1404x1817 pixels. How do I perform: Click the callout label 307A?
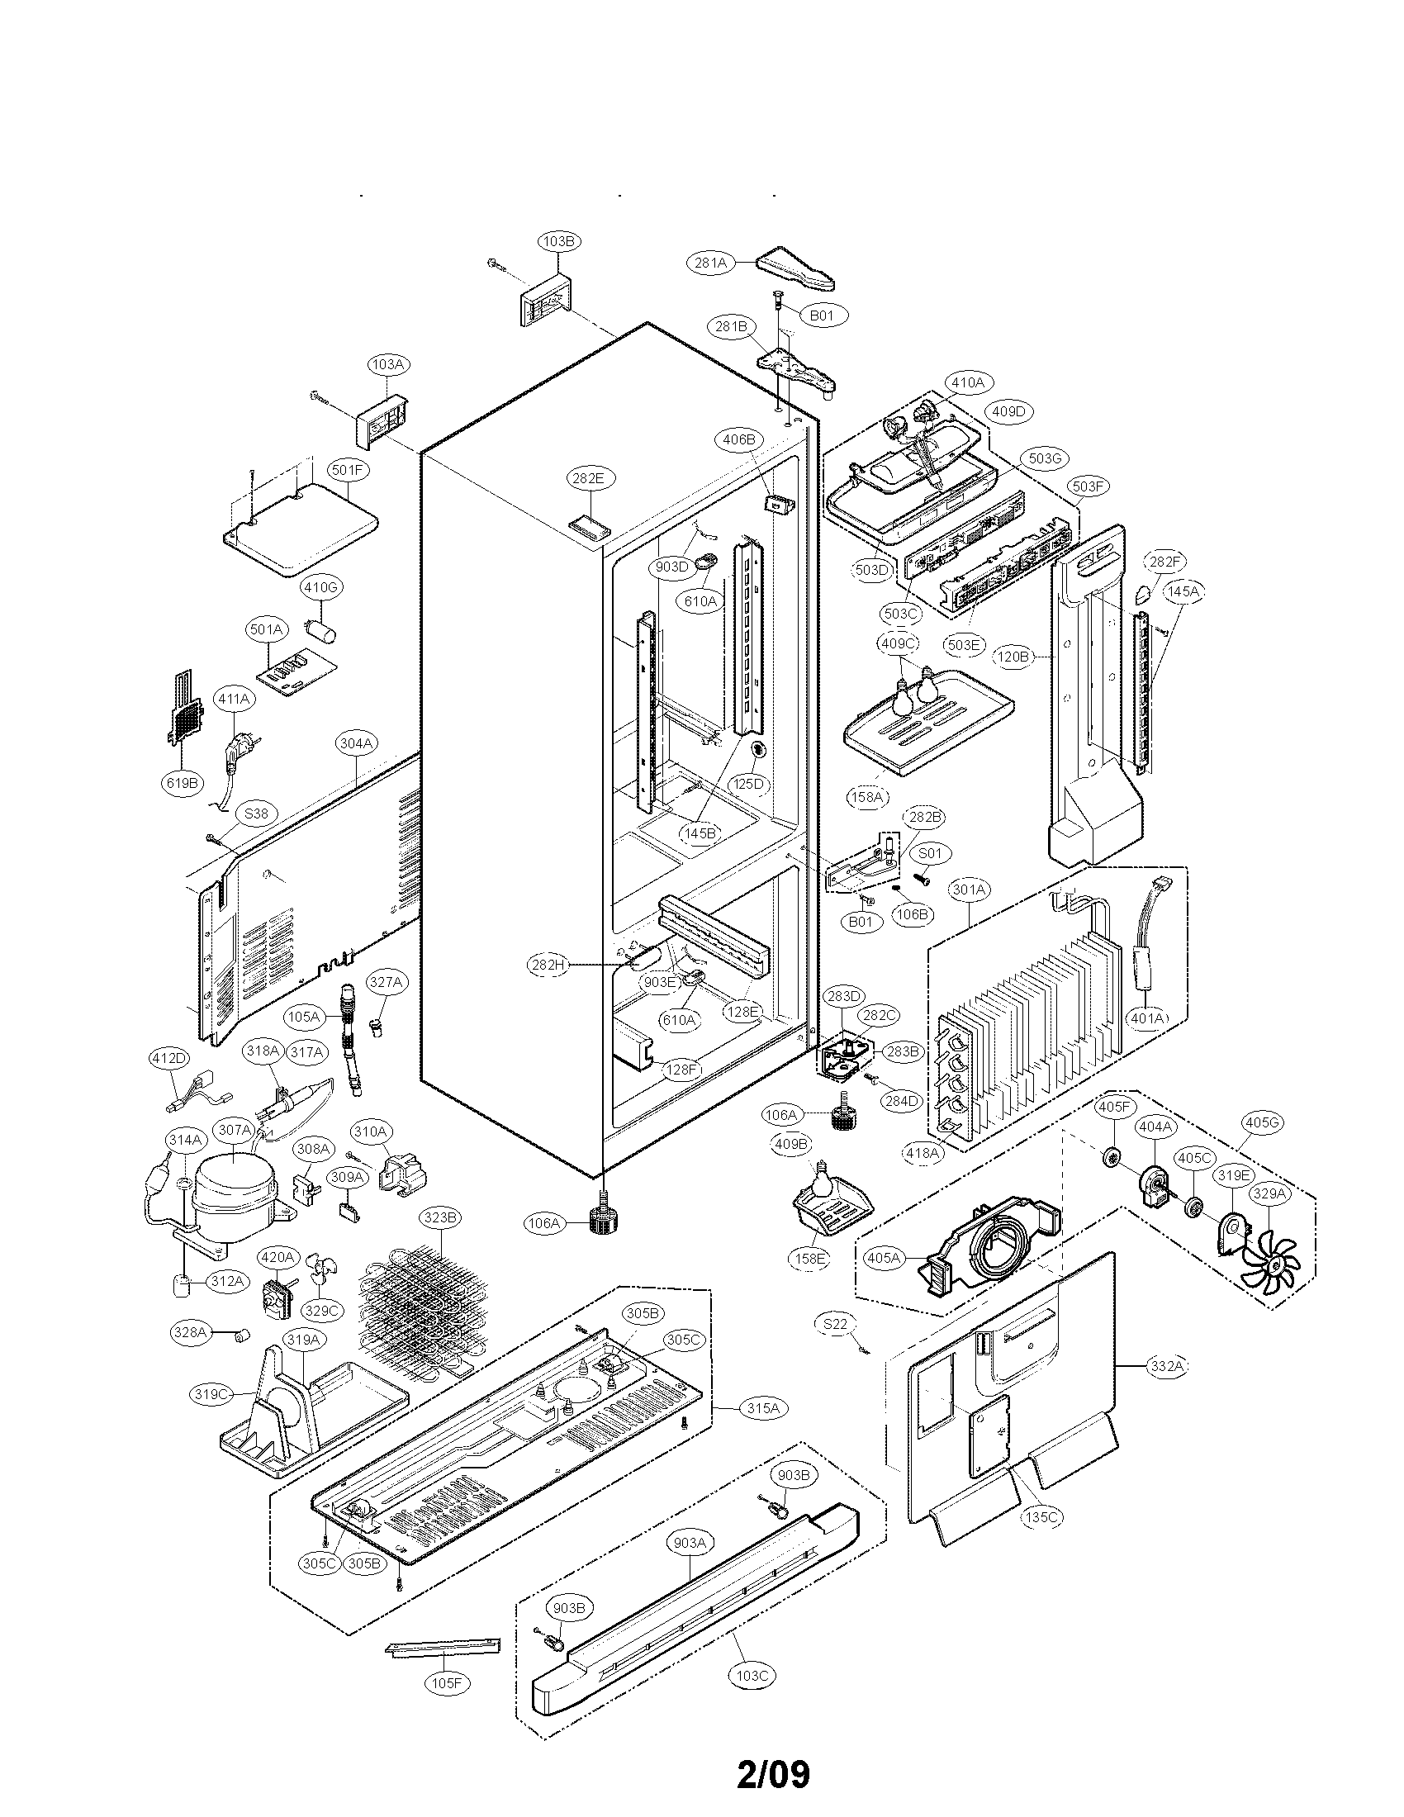coord(235,1130)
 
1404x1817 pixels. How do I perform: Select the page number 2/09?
coord(774,1767)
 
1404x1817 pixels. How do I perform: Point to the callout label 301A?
coord(970,890)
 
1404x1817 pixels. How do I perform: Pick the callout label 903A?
coord(690,1542)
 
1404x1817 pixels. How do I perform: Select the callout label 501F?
coord(349,470)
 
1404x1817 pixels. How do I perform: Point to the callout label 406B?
coord(738,439)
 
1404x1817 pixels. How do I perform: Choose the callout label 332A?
coord(1167,1365)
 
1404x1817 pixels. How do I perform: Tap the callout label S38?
coord(256,813)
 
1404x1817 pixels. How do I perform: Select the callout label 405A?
coord(885,1258)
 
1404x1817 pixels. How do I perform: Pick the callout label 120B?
coord(1013,657)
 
